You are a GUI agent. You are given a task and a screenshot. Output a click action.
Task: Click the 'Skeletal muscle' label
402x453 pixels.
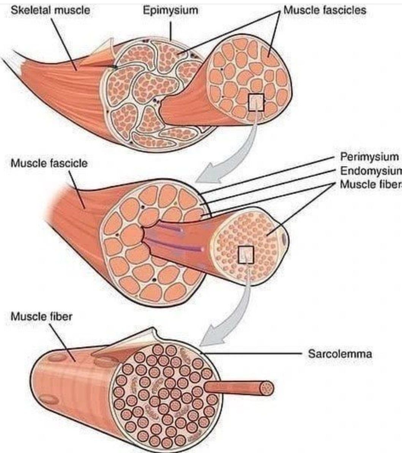(50, 10)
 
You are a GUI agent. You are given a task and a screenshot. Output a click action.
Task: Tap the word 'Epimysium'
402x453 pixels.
(170, 10)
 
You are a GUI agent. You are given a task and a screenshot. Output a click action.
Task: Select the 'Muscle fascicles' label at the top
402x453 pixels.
(325, 10)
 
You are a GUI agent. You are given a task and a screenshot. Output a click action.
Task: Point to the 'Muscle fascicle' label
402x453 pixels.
(49, 164)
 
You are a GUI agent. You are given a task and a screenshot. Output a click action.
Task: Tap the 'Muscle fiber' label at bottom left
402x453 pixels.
(41, 316)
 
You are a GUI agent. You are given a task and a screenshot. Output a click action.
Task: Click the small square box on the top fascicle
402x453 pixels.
(256, 103)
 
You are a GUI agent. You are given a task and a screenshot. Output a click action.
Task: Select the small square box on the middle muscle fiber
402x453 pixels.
(246, 255)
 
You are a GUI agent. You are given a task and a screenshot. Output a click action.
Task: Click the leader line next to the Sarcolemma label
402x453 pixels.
(258, 354)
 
